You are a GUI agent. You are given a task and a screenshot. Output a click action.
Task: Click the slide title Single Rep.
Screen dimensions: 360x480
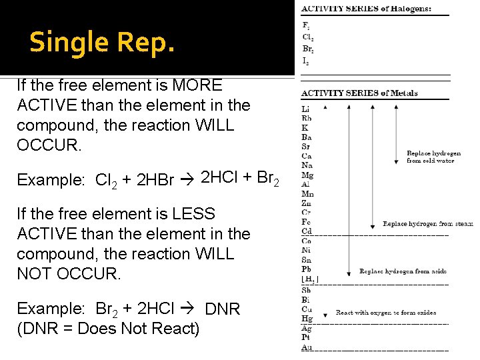pyautogui.click(x=102, y=42)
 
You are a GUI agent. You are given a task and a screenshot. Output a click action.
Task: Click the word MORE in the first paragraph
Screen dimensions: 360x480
pyautogui.click(x=197, y=85)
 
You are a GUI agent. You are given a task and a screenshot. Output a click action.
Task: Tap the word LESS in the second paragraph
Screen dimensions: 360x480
pyautogui.click(x=191, y=214)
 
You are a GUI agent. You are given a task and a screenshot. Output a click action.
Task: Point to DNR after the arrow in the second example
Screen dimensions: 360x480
pyautogui.click(x=222, y=309)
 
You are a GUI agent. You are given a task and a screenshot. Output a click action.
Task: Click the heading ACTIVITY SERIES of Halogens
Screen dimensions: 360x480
pyautogui.click(x=366, y=9)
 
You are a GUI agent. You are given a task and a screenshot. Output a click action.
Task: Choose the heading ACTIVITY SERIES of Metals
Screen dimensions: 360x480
pyautogui.click(x=359, y=93)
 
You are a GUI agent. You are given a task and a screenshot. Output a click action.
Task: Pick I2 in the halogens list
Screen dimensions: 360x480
pyautogui.click(x=305, y=60)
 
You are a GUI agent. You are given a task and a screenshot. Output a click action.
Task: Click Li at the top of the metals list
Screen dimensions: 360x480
pyautogui.click(x=306, y=109)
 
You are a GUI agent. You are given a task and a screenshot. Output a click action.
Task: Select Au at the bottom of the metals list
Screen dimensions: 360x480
pyautogui.click(x=307, y=347)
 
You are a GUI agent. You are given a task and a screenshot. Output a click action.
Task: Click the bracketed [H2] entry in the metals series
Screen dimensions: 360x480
pyautogui.click(x=310, y=279)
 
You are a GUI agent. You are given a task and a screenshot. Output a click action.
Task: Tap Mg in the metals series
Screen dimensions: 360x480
pyautogui.click(x=307, y=175)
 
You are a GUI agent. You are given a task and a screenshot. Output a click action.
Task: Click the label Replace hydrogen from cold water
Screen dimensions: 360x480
pyautogui.click(x=433, y=157)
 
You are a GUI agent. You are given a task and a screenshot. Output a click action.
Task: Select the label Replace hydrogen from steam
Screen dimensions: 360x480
pyautogui.click(x=427, y=224)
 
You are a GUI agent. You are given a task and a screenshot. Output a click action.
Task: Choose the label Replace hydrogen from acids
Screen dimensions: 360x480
pyautogui.click(x=403, y=271)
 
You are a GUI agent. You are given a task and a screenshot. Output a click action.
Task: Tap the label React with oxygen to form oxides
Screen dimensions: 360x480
pyautogui.click(x=386, y=312)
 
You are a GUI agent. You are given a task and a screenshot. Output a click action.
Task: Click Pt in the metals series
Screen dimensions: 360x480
pyautogui.click(x=306, y=337)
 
